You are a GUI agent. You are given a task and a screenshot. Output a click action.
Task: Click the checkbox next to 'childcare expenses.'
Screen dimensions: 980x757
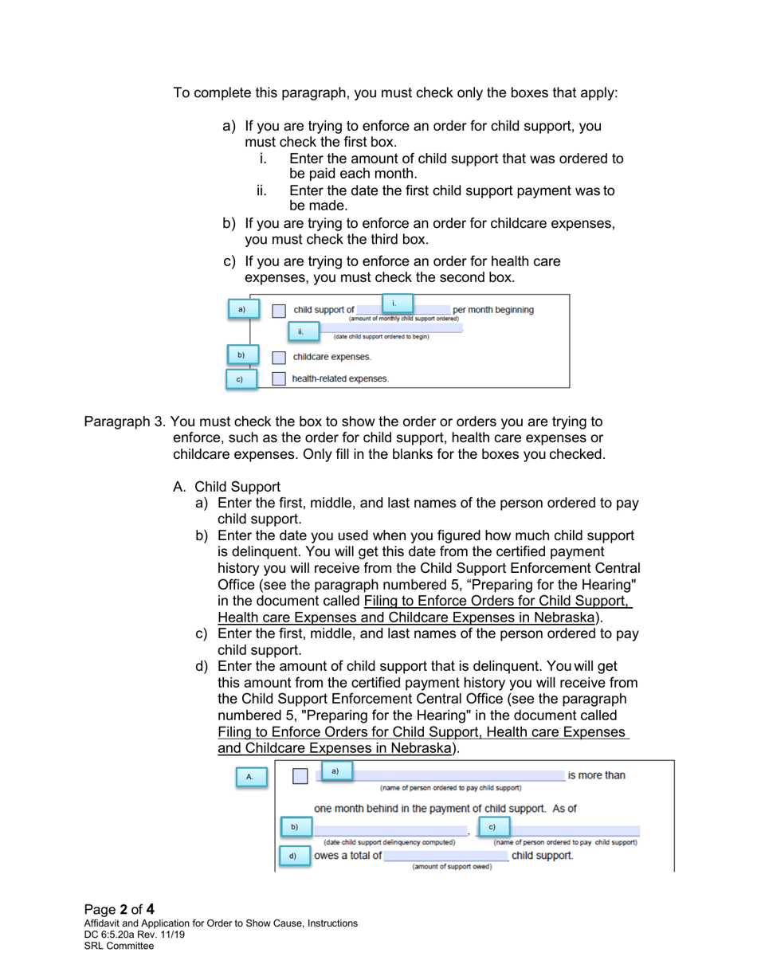pyautogui.click(x=279, y=358)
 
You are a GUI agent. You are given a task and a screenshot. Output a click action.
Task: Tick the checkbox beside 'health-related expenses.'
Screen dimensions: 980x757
pyautogui.click(x=279, y=379)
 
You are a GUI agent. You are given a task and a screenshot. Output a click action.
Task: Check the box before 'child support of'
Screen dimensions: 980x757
pyautogui.click(x=279, y=311)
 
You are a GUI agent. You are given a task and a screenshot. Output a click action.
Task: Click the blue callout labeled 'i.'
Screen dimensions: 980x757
pyautogui.click(x=394, y=303)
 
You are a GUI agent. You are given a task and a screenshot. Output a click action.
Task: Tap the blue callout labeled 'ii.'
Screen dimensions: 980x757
pyautogui.click(x=301, y=331)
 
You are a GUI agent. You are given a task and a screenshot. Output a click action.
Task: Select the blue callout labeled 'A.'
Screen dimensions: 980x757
pyautogui.click(x=250, y=777)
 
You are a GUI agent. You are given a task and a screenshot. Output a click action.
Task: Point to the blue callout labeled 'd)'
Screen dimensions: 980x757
pyautogui.click(x=292, y=857)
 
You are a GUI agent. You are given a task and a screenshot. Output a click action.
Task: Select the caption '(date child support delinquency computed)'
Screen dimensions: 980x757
pyautogui.click(x=389, y=842)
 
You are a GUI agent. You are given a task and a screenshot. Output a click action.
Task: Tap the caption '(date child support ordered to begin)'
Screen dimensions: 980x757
pyautogui.click(x=381, y=337)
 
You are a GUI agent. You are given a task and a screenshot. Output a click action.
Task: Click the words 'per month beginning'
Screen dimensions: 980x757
pyautogui.click(x=493, y=310)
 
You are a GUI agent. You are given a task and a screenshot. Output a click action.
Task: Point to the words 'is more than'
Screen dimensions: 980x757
pyautogui.click(x=596, y=776)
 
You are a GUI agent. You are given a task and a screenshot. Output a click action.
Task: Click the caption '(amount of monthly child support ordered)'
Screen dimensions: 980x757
pyautogui.click(x=404, y=319)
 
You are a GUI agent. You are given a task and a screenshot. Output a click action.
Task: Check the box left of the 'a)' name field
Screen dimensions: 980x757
pyautogui.click(x=300, y=777)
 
